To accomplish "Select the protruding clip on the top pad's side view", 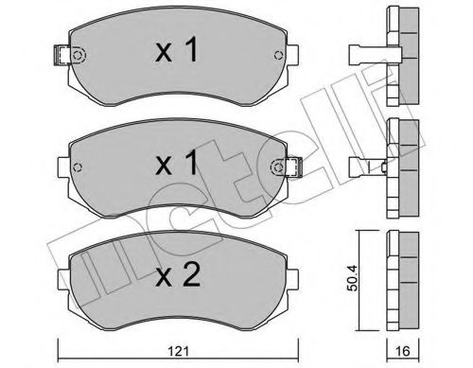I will point(364,53).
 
